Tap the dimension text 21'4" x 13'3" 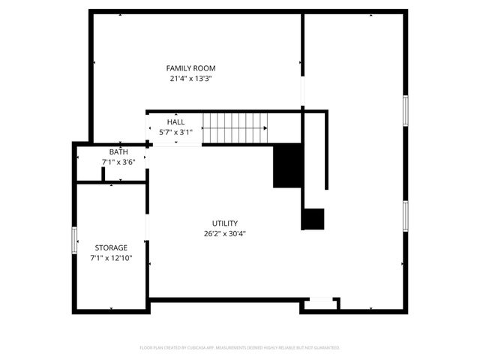[190, 78]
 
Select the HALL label [175, 121]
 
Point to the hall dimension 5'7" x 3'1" [175, 132]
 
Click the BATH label [118, 151]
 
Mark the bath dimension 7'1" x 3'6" [118, 162]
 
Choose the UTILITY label [224, 223]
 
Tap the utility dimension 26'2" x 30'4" [224, 233]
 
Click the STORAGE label [110, 247]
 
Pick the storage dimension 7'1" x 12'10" [110, 258]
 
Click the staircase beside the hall [235, 127]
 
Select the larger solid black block [287, 166]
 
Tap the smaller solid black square [313, 218]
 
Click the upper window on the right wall [405, 110]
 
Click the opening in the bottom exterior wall [321, 300]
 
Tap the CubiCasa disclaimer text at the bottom [240, 348]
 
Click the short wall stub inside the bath [103, 175]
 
